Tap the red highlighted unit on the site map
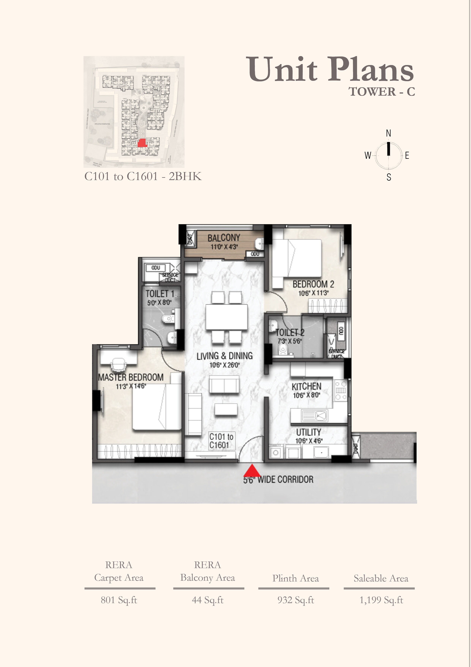click(x=142, y=143)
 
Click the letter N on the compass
click(x=388, y=133)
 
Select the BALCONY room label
click(x=224, y=238)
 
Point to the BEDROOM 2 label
click(x=313, y=284)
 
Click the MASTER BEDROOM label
click(x=131, y=377)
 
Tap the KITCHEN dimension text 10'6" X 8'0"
click(x=307, y=395)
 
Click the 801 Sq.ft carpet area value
click(x=119, y=600)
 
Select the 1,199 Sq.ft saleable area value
click(x=381, y=600)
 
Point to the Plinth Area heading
click(x=296, y=578)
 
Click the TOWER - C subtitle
click(x=382, y=92)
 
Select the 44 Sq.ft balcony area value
click(x=208, y=600)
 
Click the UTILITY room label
click(x=308, y=432)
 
